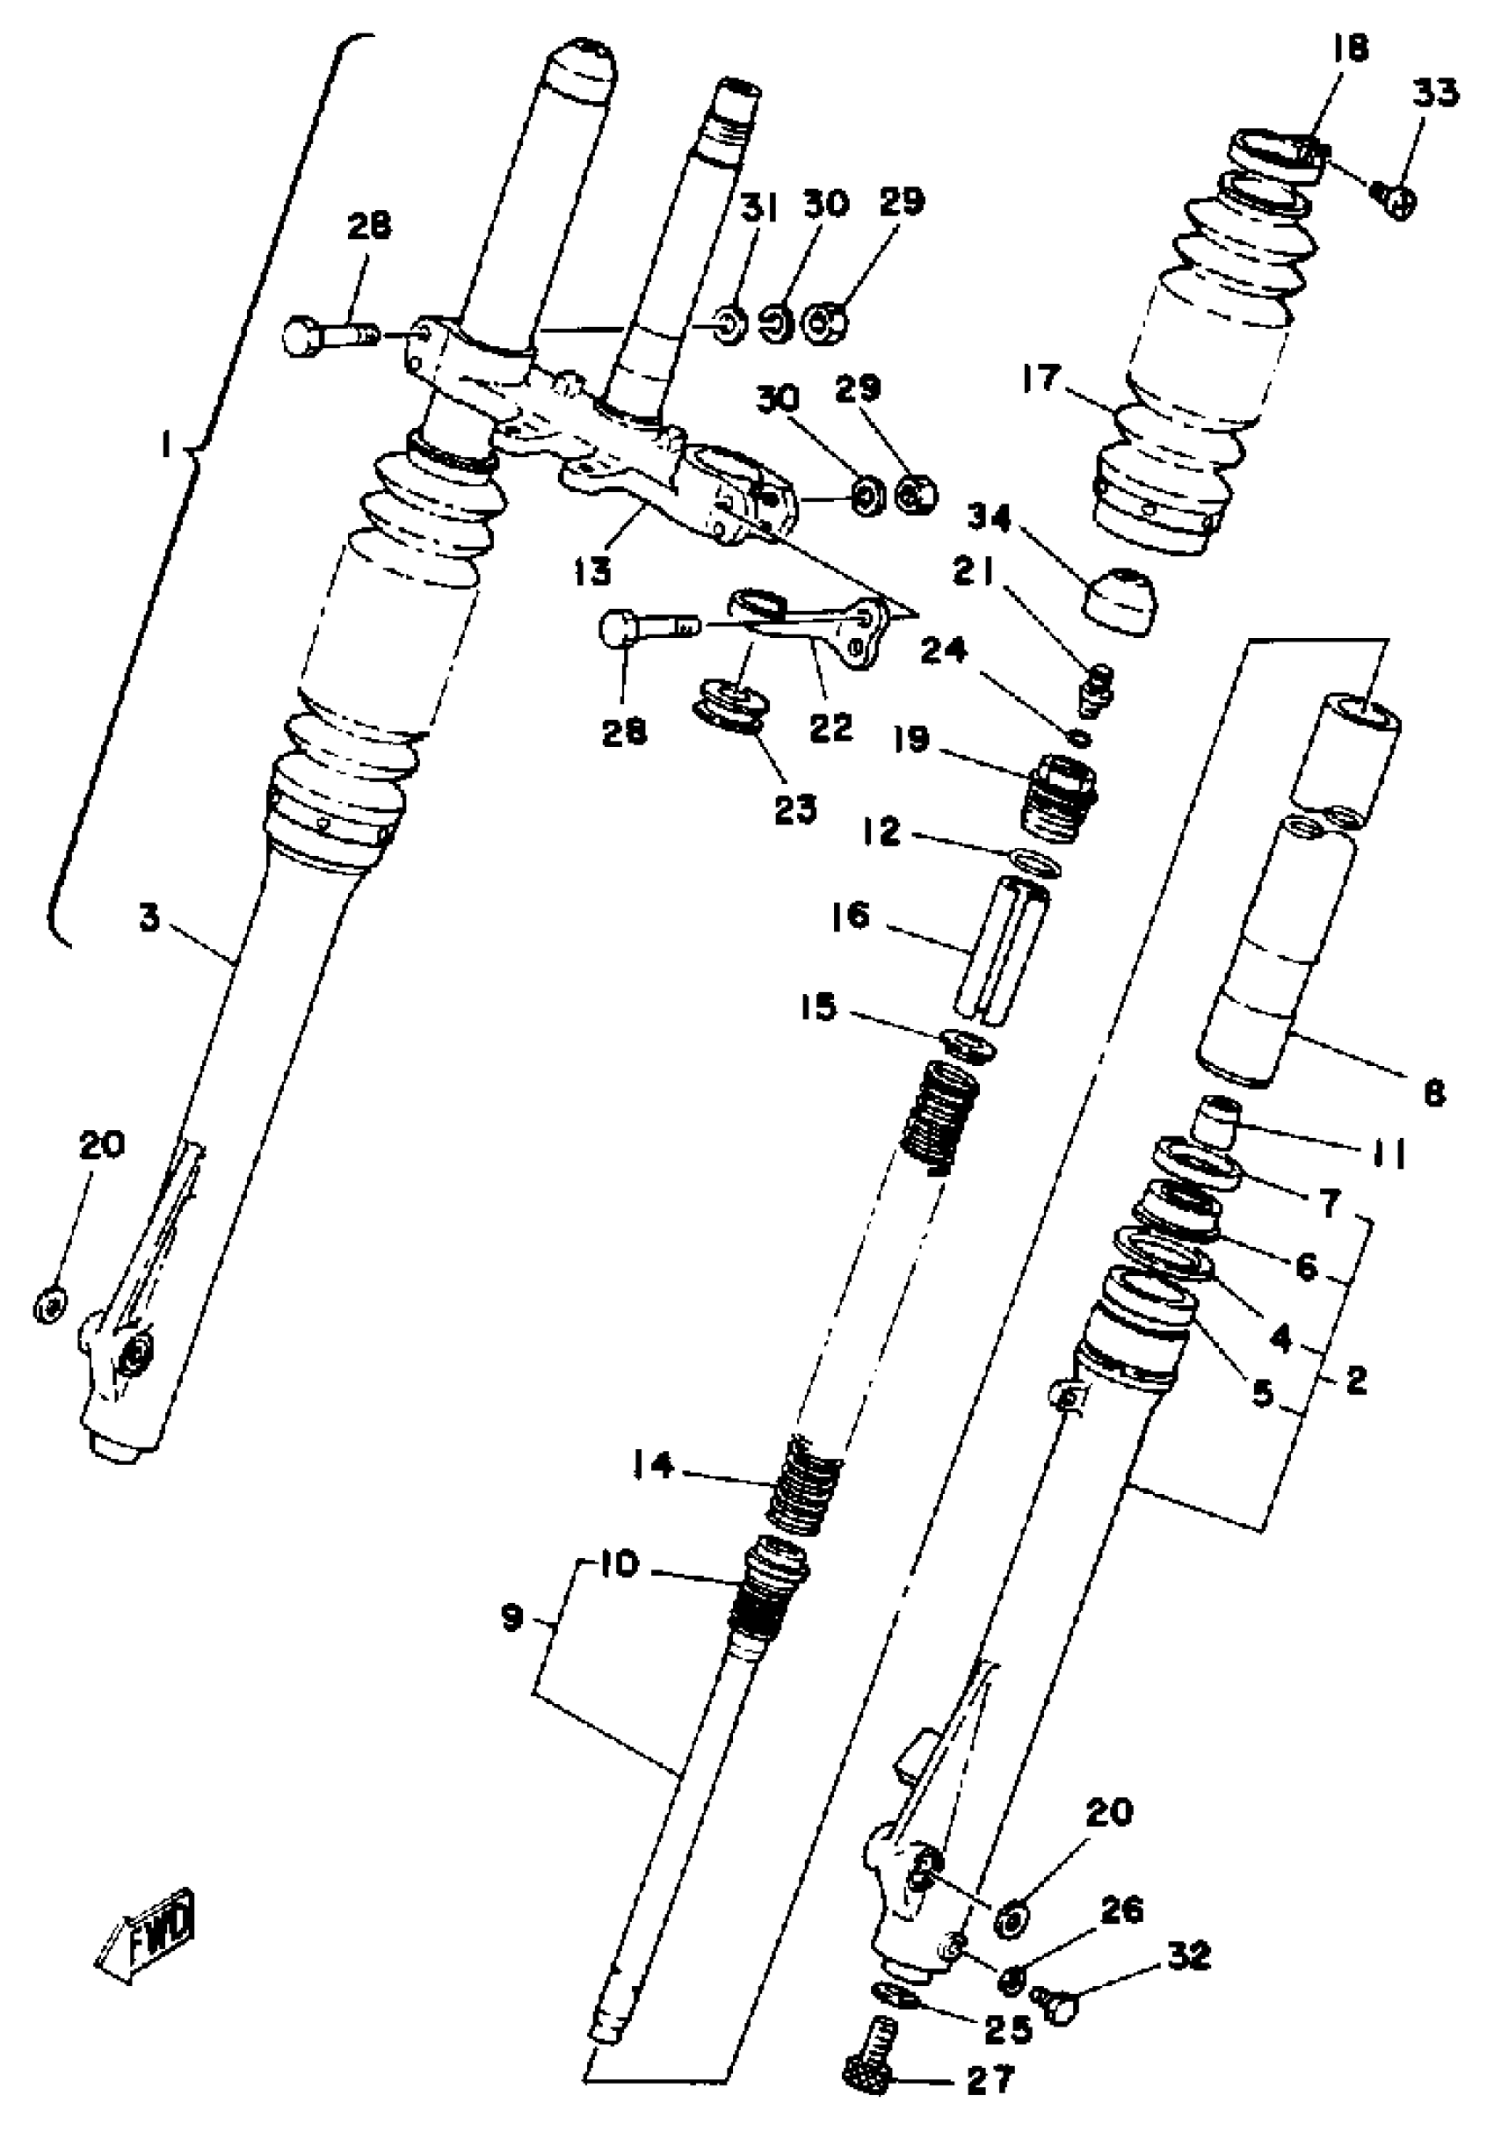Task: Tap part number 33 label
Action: pyautogui.click(x=1435, y=94)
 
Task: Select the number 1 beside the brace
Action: pyautogui.click(x=165, y=447)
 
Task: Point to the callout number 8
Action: pyautogui.click(x=1433, y=1095)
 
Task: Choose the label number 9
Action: pyautogui.click(x=511, y=1619)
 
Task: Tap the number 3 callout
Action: pyautogui.click(x=149, y=918)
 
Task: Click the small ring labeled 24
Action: pyautogui.click(x=1079, y=739)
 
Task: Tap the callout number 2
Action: pyautogui.click(x=1357, y=1381)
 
